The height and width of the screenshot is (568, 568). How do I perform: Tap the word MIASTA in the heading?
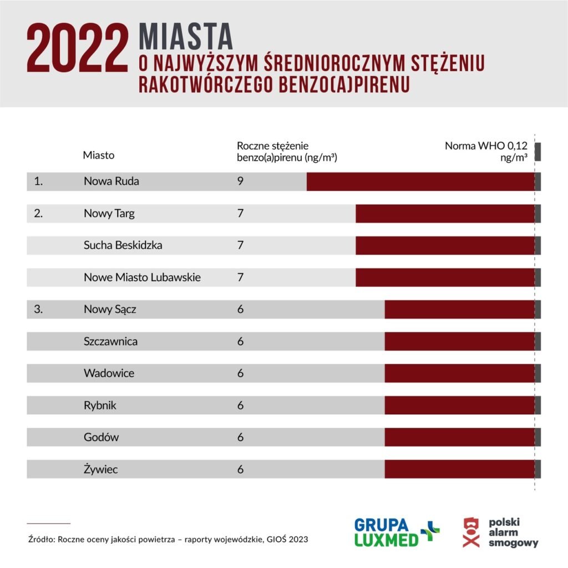click(186, 37)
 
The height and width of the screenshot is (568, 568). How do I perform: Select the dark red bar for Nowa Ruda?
click(420, 181)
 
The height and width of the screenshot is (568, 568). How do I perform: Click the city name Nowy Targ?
click(109, 214)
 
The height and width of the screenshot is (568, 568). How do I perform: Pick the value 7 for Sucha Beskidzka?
click(240, 245)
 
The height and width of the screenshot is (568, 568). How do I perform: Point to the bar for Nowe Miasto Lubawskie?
click(445, 277)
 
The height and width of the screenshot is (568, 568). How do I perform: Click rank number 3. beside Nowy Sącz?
click(38, 310)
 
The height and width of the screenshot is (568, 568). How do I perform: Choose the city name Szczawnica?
click(110, 342)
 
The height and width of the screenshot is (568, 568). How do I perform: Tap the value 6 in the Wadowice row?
click(240, 373)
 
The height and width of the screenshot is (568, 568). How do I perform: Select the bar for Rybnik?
click(459, 405)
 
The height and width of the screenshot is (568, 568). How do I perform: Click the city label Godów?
click(101, 438)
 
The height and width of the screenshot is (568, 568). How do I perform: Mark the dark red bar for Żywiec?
click(459, 469)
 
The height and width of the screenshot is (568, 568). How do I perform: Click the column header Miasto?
click(99, 155)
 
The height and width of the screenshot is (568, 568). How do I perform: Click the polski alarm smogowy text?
click(513, 532)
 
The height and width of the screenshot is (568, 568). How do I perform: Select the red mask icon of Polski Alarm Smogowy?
click(471, 532)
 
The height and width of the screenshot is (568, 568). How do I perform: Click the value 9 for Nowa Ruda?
click(240, 181)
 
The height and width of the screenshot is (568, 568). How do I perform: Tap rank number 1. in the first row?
click(38, 181)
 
